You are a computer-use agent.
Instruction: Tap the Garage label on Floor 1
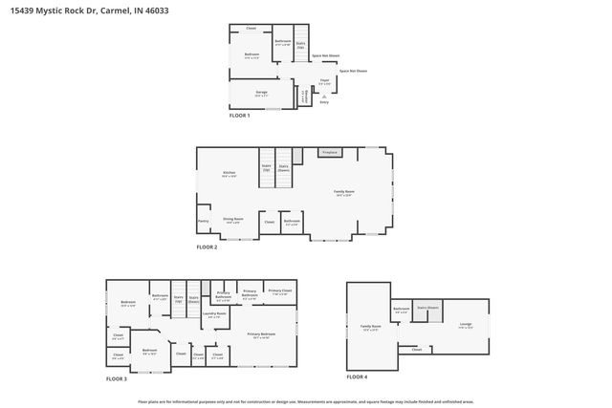[260, 94]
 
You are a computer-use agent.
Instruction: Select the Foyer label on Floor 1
[324, 82]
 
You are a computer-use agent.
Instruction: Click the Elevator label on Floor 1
[304, 96]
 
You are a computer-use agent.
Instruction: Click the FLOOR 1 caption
[239, 116]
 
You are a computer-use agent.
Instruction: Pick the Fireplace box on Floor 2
[330, 152]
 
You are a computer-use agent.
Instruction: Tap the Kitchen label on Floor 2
[229, 174]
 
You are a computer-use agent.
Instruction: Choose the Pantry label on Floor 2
[203, 221]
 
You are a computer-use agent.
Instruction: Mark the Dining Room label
[233, 221]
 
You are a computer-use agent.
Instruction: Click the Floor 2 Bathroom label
[292, 221]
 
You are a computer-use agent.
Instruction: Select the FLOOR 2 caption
[207, 247]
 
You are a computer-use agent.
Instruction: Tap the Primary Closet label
[279, 290]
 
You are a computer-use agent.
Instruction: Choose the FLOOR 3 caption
[116, 379]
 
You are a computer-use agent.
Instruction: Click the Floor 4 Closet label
[416, 350]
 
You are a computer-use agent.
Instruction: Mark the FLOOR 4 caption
[357, 377]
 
